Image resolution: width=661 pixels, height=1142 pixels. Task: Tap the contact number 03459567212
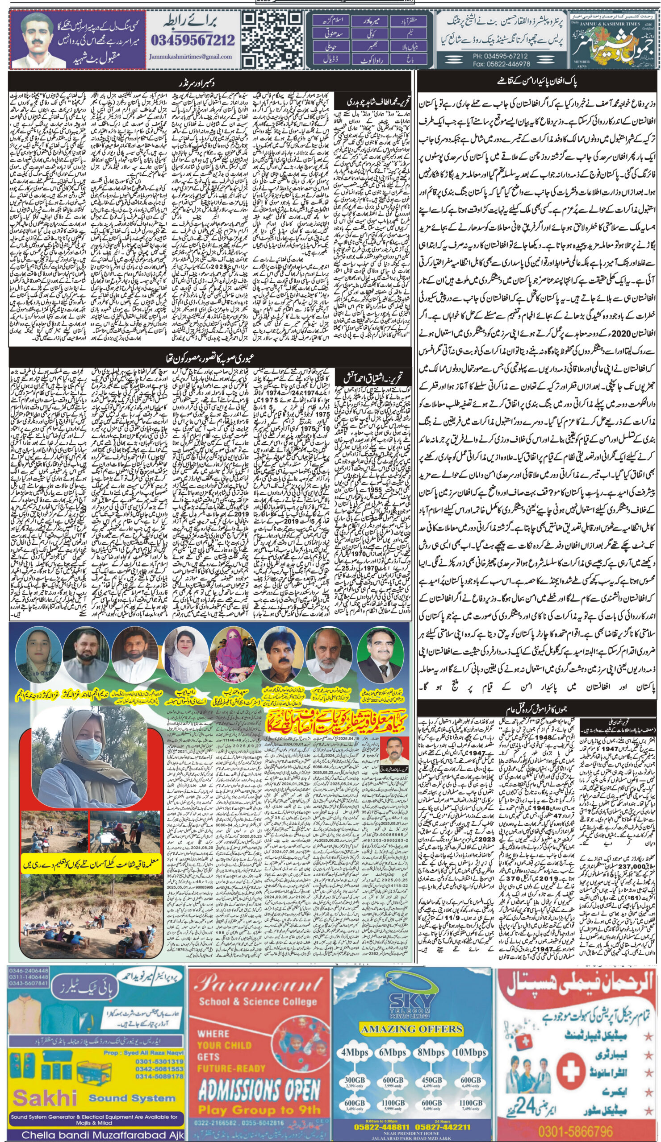point(193,41)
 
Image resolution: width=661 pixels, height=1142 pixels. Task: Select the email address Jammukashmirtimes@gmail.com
point(190,57)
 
